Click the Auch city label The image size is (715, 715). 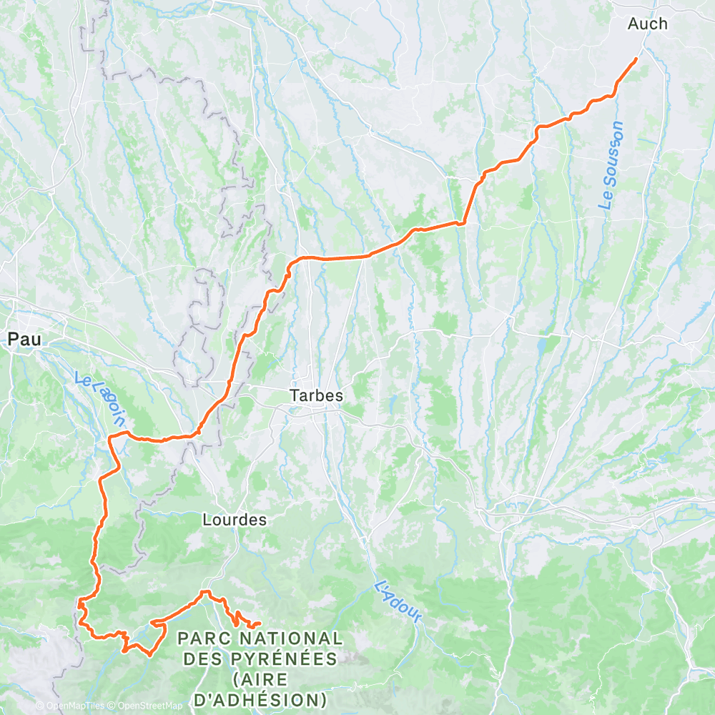647,24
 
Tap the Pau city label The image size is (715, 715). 24,340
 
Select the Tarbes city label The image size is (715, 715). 316,395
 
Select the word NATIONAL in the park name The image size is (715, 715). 290,637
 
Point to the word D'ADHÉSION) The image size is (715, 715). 260,698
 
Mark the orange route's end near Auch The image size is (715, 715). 636,59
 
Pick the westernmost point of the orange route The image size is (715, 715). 77,606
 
